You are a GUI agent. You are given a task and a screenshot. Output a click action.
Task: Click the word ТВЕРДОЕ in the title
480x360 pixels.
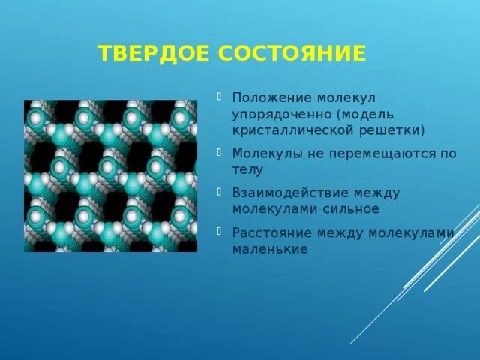point(154,54)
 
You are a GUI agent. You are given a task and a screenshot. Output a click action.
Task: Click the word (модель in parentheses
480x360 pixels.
point(365,115)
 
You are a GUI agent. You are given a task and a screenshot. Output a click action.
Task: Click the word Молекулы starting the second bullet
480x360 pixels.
point(262,153)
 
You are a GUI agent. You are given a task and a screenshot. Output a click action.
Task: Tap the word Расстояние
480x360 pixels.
point(271,232)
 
